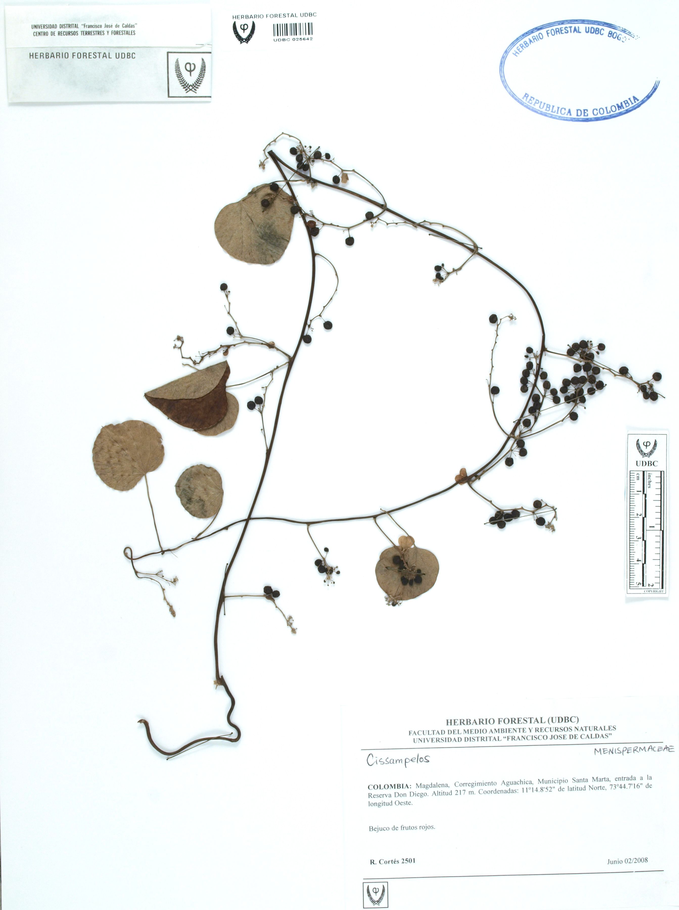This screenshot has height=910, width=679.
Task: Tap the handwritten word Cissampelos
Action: click(x=398, y=760)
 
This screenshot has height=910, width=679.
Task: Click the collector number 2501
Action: click(x=408, y=861)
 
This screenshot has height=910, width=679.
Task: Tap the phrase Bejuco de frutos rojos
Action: click(x=402, y=827)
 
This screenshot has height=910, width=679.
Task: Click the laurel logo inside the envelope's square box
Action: click(x=190, y=75)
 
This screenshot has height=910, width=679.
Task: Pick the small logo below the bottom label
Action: click(x=375, y=894)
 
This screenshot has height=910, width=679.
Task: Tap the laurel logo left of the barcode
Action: click(x=244, y=32)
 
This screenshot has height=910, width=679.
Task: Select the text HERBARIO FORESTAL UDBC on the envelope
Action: click(x=82, y=56)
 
